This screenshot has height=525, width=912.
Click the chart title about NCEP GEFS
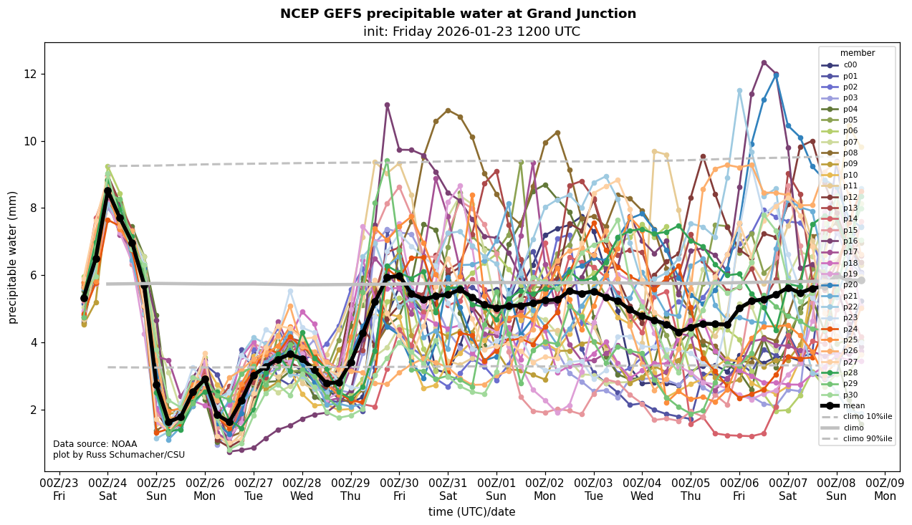pyautogui.click(x=458, y=14)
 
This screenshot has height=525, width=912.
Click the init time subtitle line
pyautogui.click(x=471, y=32)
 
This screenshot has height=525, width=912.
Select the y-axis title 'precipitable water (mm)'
pyautogui.click(x=13, y=257)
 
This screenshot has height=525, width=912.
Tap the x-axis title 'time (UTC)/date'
pyautogui.click(x=471, y=511)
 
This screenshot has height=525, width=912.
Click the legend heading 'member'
pyautogui.click(x=857, y=53)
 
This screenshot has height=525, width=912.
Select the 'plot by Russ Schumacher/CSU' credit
pyautogui.click(x=118, y=455)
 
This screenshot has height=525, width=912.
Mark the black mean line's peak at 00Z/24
pyautogui.click(x=107, y=191)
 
